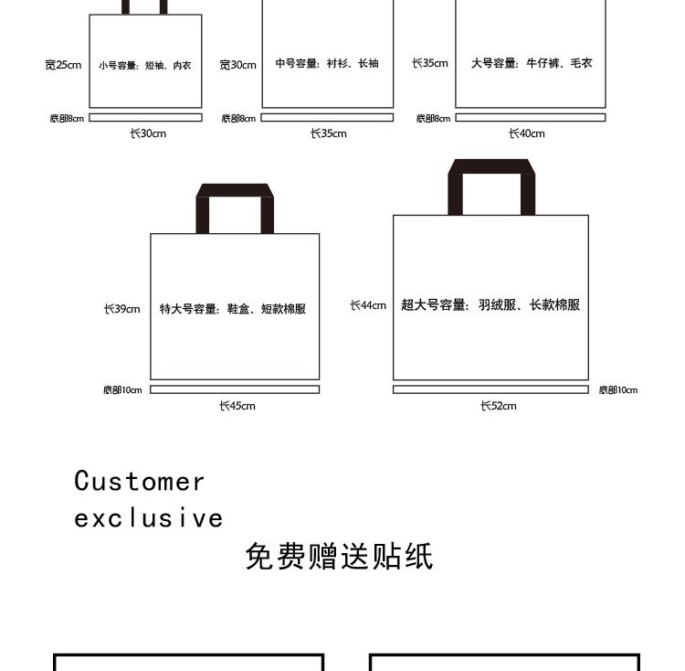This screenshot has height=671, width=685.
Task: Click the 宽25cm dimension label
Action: pyautogui.click(x=63, y=65)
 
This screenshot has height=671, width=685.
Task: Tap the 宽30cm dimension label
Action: pyautogui.click(x=237, y=65)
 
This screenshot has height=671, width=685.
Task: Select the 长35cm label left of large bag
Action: pyautogui.click(x=429, y=64)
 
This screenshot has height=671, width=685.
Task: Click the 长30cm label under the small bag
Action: pyautogui.click(x=147, y=133)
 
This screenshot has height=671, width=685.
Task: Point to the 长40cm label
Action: pyautogui.click(x=526, y=133)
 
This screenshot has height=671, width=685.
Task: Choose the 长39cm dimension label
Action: pyautogui.click(x=121, y=309)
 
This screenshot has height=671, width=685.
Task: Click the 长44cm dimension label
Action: pyautogui.click(x=368, y=305)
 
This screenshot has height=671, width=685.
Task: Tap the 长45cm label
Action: pyautogui.click(x=237, y=406)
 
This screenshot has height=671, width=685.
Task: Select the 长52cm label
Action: pyautogui.click(x=499, y=406)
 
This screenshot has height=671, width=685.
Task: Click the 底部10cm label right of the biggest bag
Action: pyautogui.click(x=618, y=390)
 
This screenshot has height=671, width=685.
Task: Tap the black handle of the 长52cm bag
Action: pyautogui.click(x=490, y=167)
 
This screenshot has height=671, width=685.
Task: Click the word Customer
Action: pyautogui.click(x=140, y=481)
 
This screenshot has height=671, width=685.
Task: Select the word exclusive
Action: pyautogui.click(x=149, y=518)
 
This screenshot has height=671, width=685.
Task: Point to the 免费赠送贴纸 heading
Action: pyautogui.click(x=339, y=556)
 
